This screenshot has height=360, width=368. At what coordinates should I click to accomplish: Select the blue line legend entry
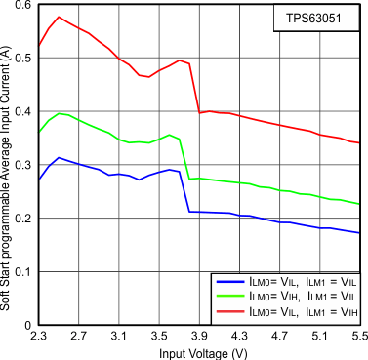click(286, 281)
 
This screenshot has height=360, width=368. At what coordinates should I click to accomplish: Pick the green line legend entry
click(286, 296)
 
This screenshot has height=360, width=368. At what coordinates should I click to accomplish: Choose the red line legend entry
click(286, 310)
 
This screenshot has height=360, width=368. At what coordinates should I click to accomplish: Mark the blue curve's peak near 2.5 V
click(59, 157)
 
